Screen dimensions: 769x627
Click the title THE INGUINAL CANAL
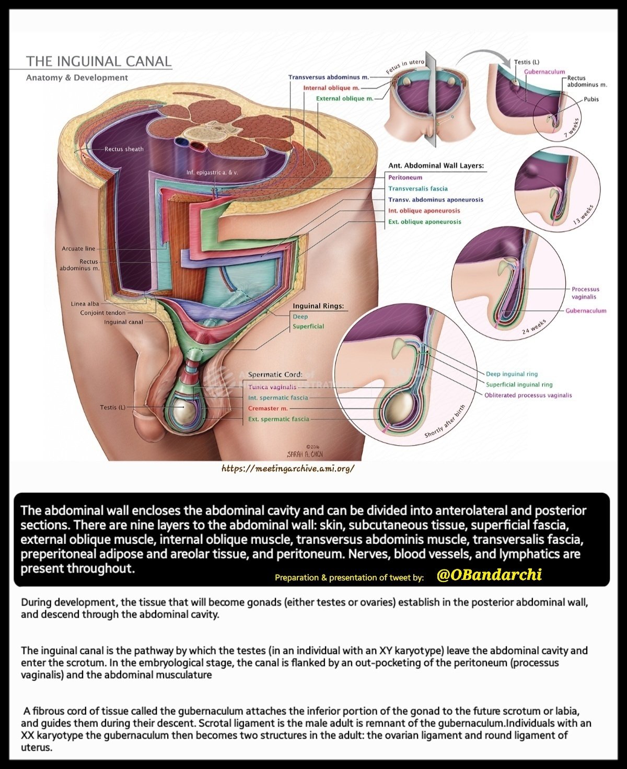(x=99, y=61)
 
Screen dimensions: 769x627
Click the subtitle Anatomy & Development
(x=77, y=78)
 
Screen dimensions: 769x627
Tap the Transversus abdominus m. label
(x=328, y=77)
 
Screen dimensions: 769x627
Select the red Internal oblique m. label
(x=331, y=88)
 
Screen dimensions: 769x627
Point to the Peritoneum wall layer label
(x=405, y=178)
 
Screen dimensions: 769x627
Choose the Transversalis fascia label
(x=417, y=189)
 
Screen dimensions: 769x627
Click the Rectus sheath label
(x=124, y=149)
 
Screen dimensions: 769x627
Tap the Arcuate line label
(x=78, y=249)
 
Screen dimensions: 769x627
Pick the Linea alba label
(x=85, y=304)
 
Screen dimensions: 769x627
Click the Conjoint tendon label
(x=102, y=313)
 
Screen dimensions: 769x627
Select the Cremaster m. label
(x=268, y=409)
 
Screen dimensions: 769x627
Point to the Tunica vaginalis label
(x=272, y=387)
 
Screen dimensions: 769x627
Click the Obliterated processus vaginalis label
(x=528, y=395)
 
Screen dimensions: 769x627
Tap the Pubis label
(x=591, y=99)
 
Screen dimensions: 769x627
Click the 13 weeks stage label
(x=584, y=215)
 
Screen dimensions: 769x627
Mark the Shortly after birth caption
(x=444, y=422)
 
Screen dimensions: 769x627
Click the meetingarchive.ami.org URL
(x=288, y=468)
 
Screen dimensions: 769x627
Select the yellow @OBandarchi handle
(x=489, y=575)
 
